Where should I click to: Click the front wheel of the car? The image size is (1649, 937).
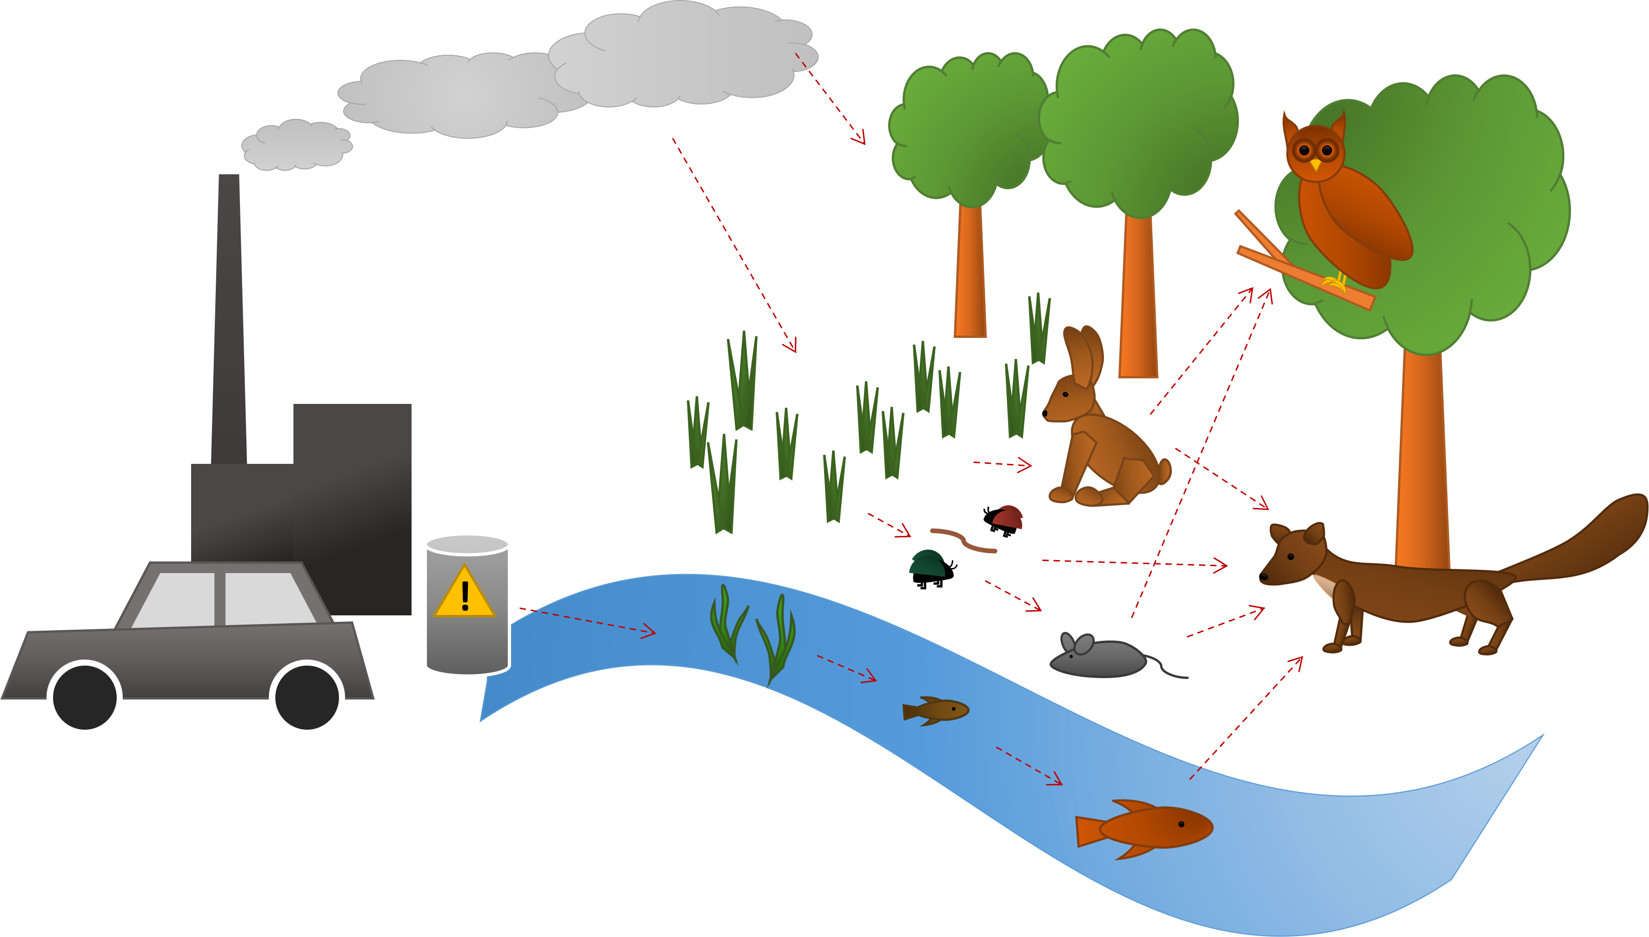[x=84, y=697]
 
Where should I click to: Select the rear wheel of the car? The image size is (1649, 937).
[x=306, y=697]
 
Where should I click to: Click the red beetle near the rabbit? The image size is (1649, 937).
[x=1008, y=517]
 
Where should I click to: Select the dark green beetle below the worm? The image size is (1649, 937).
[x=927, y=564]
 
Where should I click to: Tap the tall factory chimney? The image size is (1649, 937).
[x=229, y=322]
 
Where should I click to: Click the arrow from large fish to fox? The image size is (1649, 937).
[x=1246, y=718]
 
